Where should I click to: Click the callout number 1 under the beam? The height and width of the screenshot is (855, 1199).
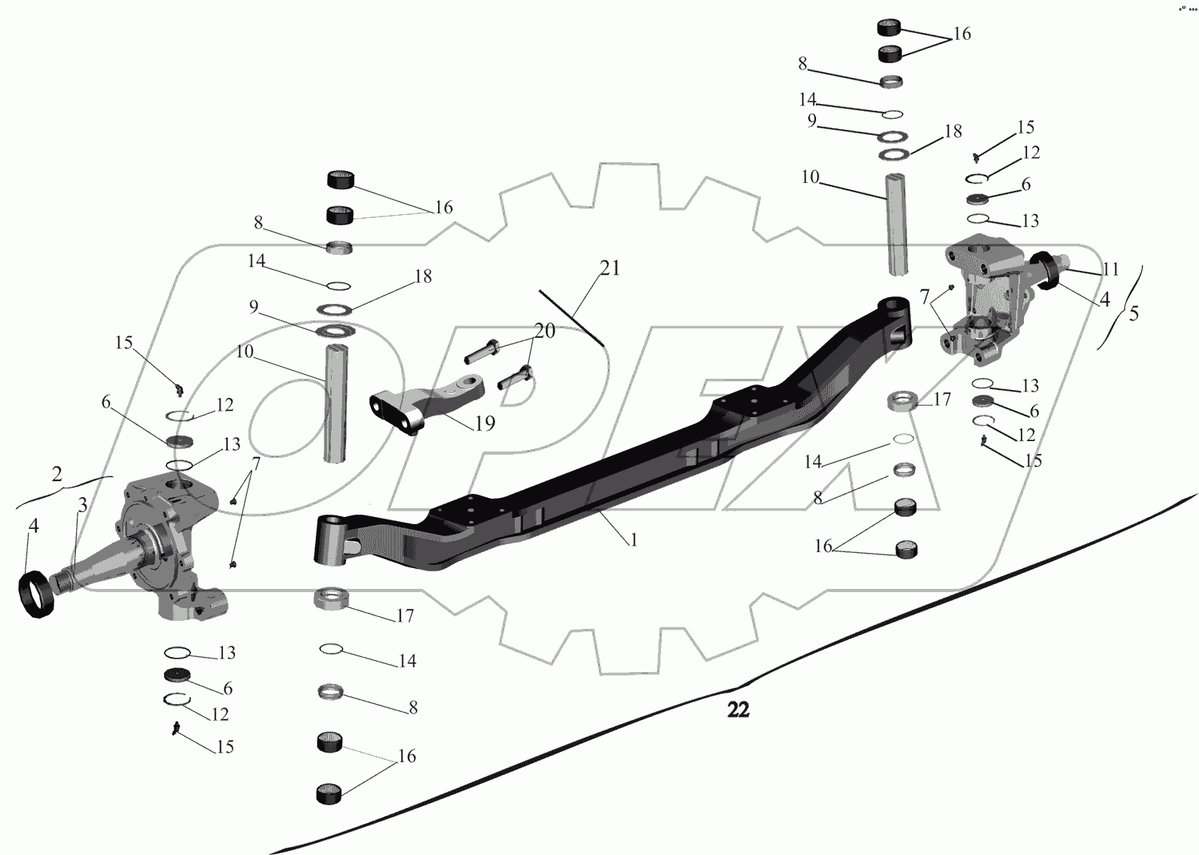(x=633, y=540)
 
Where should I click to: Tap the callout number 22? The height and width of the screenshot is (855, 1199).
(x=738, y=710)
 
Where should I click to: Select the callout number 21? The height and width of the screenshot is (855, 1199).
(x=610, y=268)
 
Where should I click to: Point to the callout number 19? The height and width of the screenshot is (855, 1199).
(x=484, y=423)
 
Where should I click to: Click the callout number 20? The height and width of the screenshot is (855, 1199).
(x=544, y=330)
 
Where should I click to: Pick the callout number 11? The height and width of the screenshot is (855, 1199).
(x=1109, y=269)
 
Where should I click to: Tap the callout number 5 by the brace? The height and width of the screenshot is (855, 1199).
(x=1133, y=313)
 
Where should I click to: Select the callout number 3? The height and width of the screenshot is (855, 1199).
(x=82, y=505)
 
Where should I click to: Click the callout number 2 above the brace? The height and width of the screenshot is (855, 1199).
(x=57, y=473)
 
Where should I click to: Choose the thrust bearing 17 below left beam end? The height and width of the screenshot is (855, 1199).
(x=333, y=598)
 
